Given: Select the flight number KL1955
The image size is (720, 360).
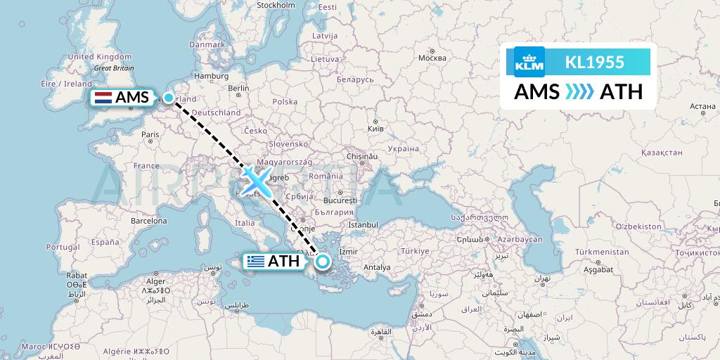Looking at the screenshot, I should coord(594,62).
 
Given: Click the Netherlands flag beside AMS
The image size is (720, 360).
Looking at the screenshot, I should coord(103,98).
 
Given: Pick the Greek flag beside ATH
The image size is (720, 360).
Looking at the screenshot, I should coord(255,262).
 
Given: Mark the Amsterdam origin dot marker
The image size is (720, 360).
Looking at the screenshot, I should coord(169,98).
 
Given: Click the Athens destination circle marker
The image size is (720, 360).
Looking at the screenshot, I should coord(322,262).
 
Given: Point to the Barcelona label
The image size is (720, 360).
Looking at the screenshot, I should coord(149,220).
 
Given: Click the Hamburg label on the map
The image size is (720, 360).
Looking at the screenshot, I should coord(207,76).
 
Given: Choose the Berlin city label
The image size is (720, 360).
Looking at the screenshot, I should coord(238,89).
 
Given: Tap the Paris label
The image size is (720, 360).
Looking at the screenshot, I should coord(150,134).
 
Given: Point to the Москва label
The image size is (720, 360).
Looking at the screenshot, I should coord(432,58).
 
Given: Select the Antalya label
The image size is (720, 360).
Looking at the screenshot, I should coord(377,266).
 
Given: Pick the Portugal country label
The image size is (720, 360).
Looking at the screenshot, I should coord(61,247).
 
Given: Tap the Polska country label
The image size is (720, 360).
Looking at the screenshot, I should coord(285,101).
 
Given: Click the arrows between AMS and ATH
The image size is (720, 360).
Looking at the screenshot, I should coord(579,92).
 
